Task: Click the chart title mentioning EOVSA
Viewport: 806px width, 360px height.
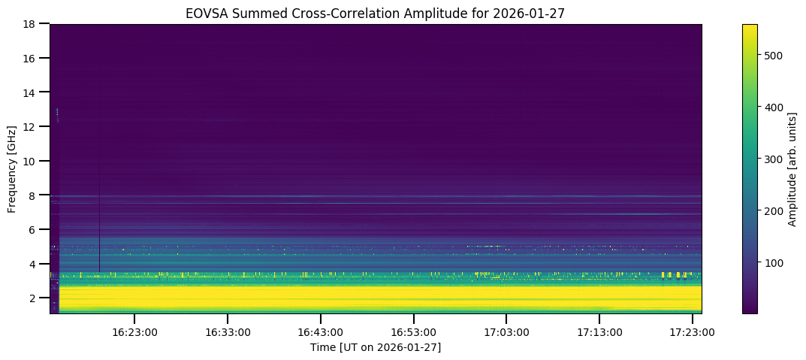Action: pyautogui.click(x=376, y=13)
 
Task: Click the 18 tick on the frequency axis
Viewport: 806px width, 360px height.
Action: pyautogui.click(x=33, y=24)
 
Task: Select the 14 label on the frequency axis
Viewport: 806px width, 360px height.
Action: pyautogui.click(x=33, y=92)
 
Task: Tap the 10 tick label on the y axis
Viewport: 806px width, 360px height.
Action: pyautogui.click(x=33, y=161)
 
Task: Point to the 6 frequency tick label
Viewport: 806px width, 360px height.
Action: pyautogui.click(x=36, y=229)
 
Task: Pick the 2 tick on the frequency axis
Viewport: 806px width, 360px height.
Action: pyautogui.click(x=36, y=298)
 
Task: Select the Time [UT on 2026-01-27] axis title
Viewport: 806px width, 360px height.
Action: pyautogui.click(x=376, y=347)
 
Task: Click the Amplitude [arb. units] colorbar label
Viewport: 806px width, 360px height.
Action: pyautogui.click(x=792, y=169)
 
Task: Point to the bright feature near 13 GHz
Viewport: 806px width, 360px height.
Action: pyautogui.click(x=57, y=113)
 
